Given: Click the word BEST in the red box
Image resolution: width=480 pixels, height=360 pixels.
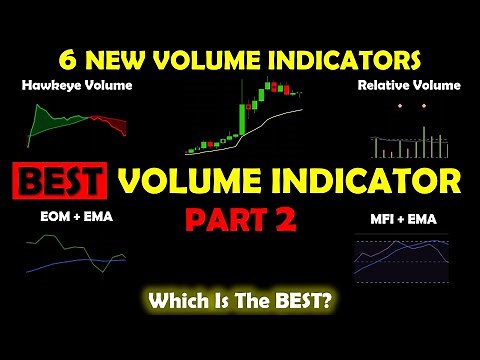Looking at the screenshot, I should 61,182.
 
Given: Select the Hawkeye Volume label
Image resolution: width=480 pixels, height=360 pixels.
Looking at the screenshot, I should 62,86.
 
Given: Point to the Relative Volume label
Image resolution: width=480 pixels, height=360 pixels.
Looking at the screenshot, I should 409,86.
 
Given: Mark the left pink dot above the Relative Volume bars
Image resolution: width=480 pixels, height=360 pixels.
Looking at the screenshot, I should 399,105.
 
